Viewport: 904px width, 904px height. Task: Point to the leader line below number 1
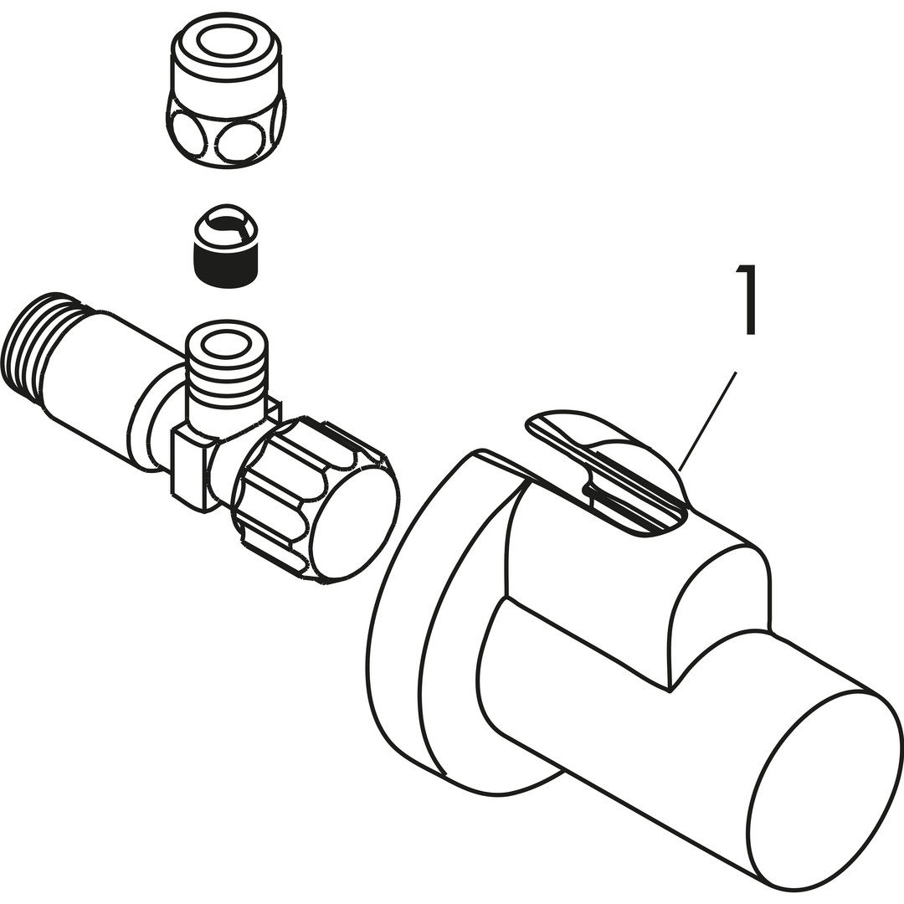click(x=708, y=421)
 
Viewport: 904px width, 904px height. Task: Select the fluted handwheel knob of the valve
click(x=314, y=497)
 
